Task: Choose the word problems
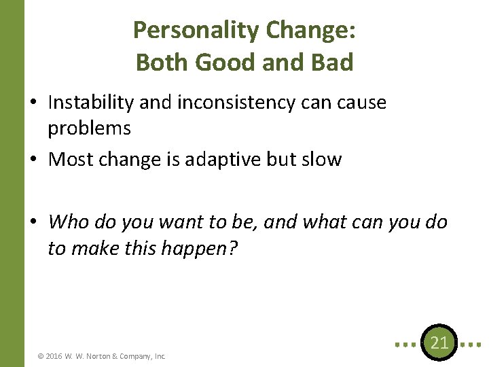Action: (89, 128)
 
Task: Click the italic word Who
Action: (69, 222)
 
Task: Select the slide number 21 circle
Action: (439, 343)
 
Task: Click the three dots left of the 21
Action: (406, 343)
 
